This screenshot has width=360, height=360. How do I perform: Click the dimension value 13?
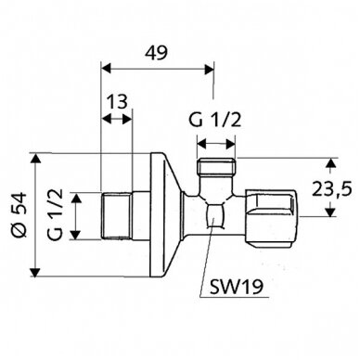click(x=117, y=100)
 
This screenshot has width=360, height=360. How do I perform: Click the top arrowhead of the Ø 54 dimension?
click(x=37, y=158)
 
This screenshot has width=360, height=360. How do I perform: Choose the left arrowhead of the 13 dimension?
click(x=105, y=120)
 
